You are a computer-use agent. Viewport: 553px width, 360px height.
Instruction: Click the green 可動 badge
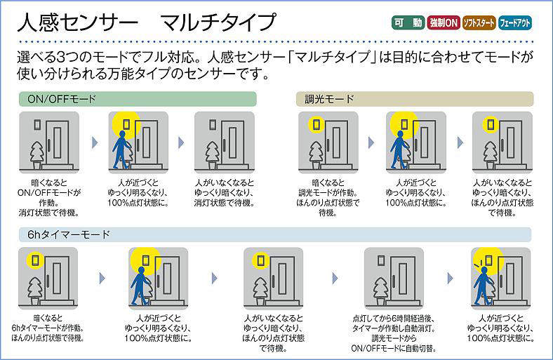tap(408, 23)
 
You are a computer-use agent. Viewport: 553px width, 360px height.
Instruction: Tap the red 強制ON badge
tap(444, 23)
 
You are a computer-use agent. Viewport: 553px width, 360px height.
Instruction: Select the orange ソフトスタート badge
tap(479, 23)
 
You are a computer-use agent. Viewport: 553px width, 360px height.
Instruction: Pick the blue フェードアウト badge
tap(515, 23)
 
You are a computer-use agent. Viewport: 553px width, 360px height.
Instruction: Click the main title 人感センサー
tap(77, 23)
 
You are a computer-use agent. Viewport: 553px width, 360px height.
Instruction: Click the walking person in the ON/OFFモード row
tap(121, 150)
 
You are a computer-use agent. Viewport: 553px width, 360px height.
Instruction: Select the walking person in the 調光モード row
tap(399, 150)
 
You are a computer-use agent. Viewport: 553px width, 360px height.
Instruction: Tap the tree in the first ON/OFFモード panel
tap(36, 155)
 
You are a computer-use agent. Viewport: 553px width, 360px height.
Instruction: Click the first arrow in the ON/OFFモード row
tap(95, 142)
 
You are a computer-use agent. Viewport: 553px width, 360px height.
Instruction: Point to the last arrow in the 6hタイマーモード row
tap(450, 279)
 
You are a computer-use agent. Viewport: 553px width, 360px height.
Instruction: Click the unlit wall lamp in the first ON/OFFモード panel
tap(37, 124)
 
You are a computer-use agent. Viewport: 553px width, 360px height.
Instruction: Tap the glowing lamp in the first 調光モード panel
tap(317, 124)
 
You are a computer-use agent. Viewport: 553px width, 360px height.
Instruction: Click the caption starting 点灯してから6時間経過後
tap(394, 333)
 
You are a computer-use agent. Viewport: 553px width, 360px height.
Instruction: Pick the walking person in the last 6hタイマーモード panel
tap(482, 286)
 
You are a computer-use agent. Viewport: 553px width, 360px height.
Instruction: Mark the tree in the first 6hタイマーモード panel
tap(35, 291)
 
